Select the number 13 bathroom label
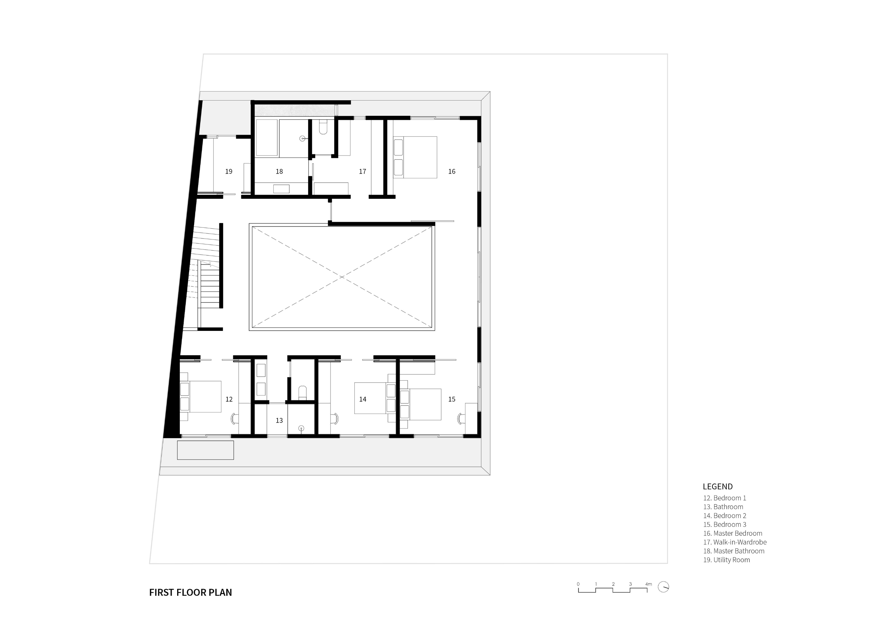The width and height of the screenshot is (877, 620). pyautogui.click(x=279, y=421)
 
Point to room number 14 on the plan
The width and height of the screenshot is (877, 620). pyautogui.click(x=362, y=399)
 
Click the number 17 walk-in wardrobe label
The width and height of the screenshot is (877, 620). pyautogui.click(x=362, y=172)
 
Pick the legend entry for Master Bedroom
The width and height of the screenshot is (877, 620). pyautogui.click(x=733, y=533)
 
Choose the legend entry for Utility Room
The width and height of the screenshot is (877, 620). pyautogui.click(x=726, y=560)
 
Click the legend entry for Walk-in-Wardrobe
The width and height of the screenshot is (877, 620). pyautogui.click(x=735, y=542)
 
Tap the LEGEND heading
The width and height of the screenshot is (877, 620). pyautogui.click(x=718, y=487)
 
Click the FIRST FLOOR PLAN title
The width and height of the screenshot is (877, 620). pyautogui.click(x=191, y=593)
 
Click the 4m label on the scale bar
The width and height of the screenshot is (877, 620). pyautogui.click(x=649, y=584)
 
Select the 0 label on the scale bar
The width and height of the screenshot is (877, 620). pyautogui.click(x=578, y=584)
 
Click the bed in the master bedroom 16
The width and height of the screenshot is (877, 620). pyautogui.click(x=415, y=157)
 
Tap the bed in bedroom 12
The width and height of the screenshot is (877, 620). pyautogui.click(x=201, y=396)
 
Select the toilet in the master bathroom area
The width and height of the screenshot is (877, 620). pyautogui.click(x=323, y=127)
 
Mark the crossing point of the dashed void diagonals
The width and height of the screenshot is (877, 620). pyautogui.click(x=342, y=277)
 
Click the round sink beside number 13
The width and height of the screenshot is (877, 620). pyautogui.click(x=301, y=428)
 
